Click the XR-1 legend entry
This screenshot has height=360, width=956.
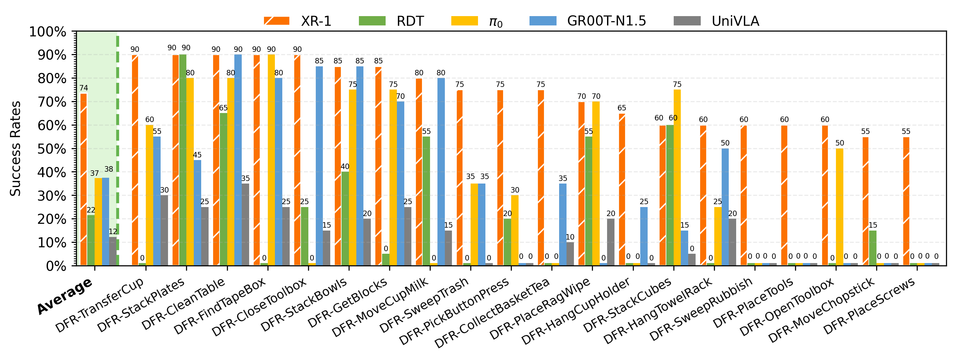coord(297,21)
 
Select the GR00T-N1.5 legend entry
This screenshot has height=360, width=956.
coord(588,21)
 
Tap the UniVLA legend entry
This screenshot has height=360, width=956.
coord(716,21)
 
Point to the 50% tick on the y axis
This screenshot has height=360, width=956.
coord(52,149)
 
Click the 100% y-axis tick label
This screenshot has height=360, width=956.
coord(48,32)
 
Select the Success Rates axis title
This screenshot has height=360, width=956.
coord(15,148)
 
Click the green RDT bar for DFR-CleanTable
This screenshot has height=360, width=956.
coord(223,189)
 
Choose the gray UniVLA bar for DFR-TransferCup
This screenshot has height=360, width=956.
coord(164,230)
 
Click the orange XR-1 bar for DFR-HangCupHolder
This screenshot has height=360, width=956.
coord(622,189)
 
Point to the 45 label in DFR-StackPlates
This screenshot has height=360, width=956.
coord(197,155)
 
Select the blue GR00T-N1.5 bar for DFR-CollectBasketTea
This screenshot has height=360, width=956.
coord(563,224)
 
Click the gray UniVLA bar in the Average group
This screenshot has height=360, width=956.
coord(113,251)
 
